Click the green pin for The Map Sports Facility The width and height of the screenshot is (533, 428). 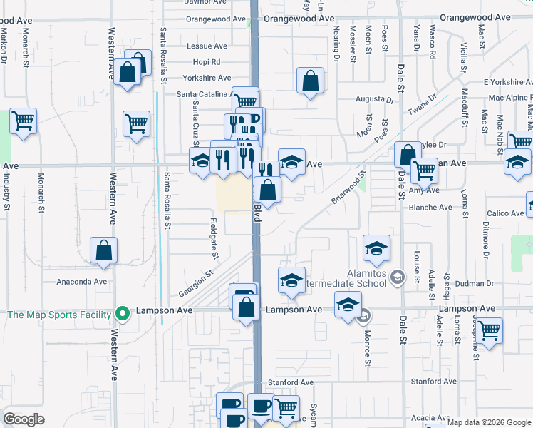tap(123, 313)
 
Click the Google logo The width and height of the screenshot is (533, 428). tap(24, 419)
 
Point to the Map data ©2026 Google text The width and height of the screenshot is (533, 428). tap(489, 423)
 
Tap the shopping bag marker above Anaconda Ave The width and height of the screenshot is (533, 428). tap(104, 250)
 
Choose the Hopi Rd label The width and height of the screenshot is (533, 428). tap(207, 62)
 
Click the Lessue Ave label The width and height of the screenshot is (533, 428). tap(207, 46)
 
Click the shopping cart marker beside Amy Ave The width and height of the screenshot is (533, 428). tap(425, 170)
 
